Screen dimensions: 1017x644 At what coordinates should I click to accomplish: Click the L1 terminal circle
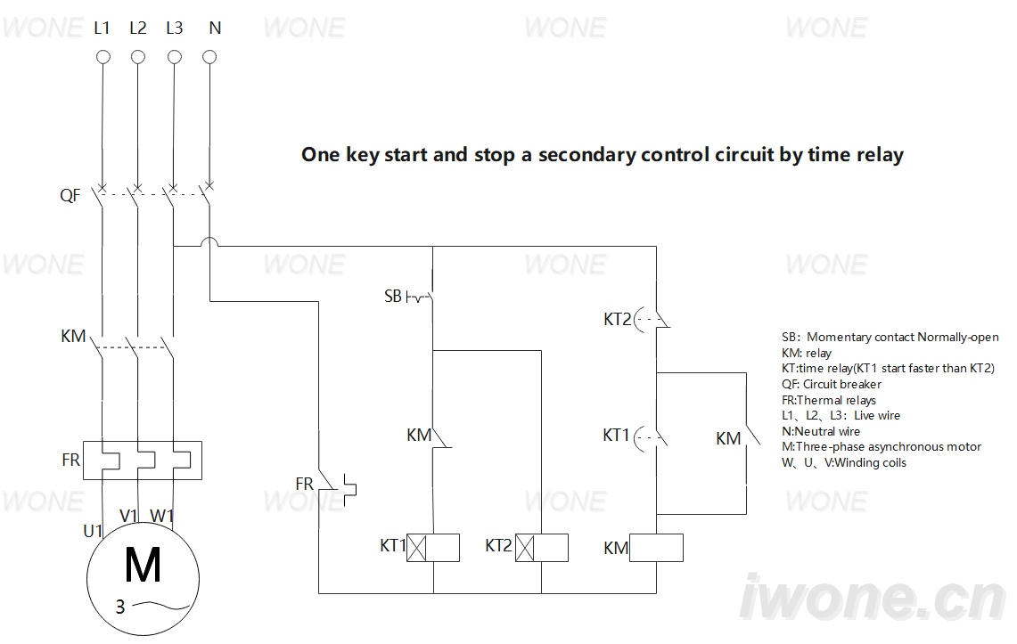point(103,57)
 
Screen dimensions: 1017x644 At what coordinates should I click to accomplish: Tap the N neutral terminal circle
point(209,57)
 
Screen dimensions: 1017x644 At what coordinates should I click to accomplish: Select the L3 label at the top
point(175,28)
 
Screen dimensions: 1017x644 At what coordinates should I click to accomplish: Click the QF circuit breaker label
point(70,195)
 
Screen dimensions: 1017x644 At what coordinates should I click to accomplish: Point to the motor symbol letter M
point(143,565)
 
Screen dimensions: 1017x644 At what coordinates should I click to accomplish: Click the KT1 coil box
point(432,548)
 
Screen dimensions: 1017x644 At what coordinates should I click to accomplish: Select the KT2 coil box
point(542,548)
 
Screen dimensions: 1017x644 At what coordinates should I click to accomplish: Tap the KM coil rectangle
point(656,548)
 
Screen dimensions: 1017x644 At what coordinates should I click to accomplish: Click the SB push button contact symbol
point(420,297)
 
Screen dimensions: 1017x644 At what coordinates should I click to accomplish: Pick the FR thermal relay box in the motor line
point(143,460)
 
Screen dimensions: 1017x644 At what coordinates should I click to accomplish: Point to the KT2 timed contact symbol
point(652,319)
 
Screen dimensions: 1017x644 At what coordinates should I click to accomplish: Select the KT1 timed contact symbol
point(651,438)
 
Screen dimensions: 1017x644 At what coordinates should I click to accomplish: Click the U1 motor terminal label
point(93,531)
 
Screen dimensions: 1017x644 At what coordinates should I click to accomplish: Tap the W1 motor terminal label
point(161,516)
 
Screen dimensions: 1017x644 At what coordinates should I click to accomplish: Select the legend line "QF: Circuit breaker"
point(832,384)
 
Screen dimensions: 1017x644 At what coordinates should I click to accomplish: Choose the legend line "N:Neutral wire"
point(821,431)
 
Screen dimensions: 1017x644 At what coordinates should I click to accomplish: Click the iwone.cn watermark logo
point(873,599)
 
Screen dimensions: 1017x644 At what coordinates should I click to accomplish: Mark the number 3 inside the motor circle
point(120,607)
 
